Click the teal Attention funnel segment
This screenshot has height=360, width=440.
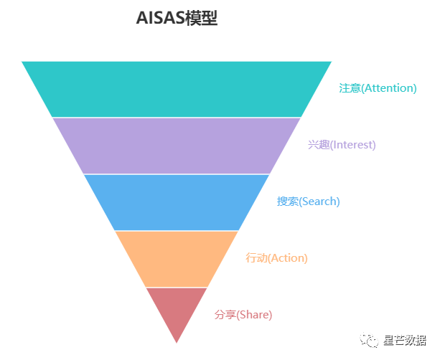click(177, 89)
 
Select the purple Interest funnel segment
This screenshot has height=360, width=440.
click(177, 145)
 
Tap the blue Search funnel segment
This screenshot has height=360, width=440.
click(177, 202)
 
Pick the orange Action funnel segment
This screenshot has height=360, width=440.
click(177, 258)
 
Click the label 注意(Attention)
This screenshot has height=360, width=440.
click(378, 88)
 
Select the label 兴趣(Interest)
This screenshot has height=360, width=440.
click(342, 145)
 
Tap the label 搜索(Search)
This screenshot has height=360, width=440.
click(308, 202)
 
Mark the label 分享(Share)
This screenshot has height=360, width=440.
click(243, 315)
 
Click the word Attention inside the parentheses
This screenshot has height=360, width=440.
click(388, 88)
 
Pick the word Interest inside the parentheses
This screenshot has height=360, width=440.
click(352, 145)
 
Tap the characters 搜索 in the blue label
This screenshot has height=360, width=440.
click(287, 202)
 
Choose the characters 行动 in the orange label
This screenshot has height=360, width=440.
click(256, 258)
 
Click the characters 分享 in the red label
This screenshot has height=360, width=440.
click(225, 315)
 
